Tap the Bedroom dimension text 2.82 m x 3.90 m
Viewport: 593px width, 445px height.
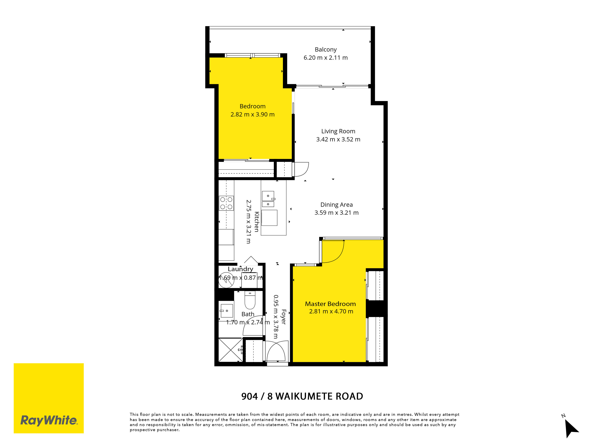point(252,115)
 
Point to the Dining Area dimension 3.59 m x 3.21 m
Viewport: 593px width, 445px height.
point(336,213)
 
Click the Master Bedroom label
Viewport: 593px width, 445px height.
point(330,304)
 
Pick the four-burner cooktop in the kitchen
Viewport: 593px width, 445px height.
point(226,203)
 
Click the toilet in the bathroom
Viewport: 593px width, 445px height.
point(250,300)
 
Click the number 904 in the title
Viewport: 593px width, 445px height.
point(249,396)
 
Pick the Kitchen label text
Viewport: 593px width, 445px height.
point(257,222)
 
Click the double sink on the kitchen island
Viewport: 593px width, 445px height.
point(268,199)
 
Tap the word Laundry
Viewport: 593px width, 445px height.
point(240,269)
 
